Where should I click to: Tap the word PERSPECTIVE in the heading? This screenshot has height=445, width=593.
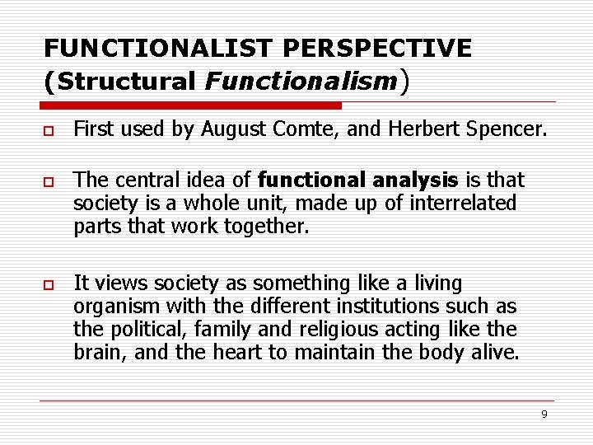click(x=363, y=48)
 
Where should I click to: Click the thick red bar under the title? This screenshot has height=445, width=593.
click(x=191, y=105)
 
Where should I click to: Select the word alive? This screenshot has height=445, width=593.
click(x=495, y=353)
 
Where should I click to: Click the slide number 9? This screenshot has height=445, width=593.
click(x=544, y=414)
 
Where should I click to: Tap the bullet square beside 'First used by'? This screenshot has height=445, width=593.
click(x=49, y=129)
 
